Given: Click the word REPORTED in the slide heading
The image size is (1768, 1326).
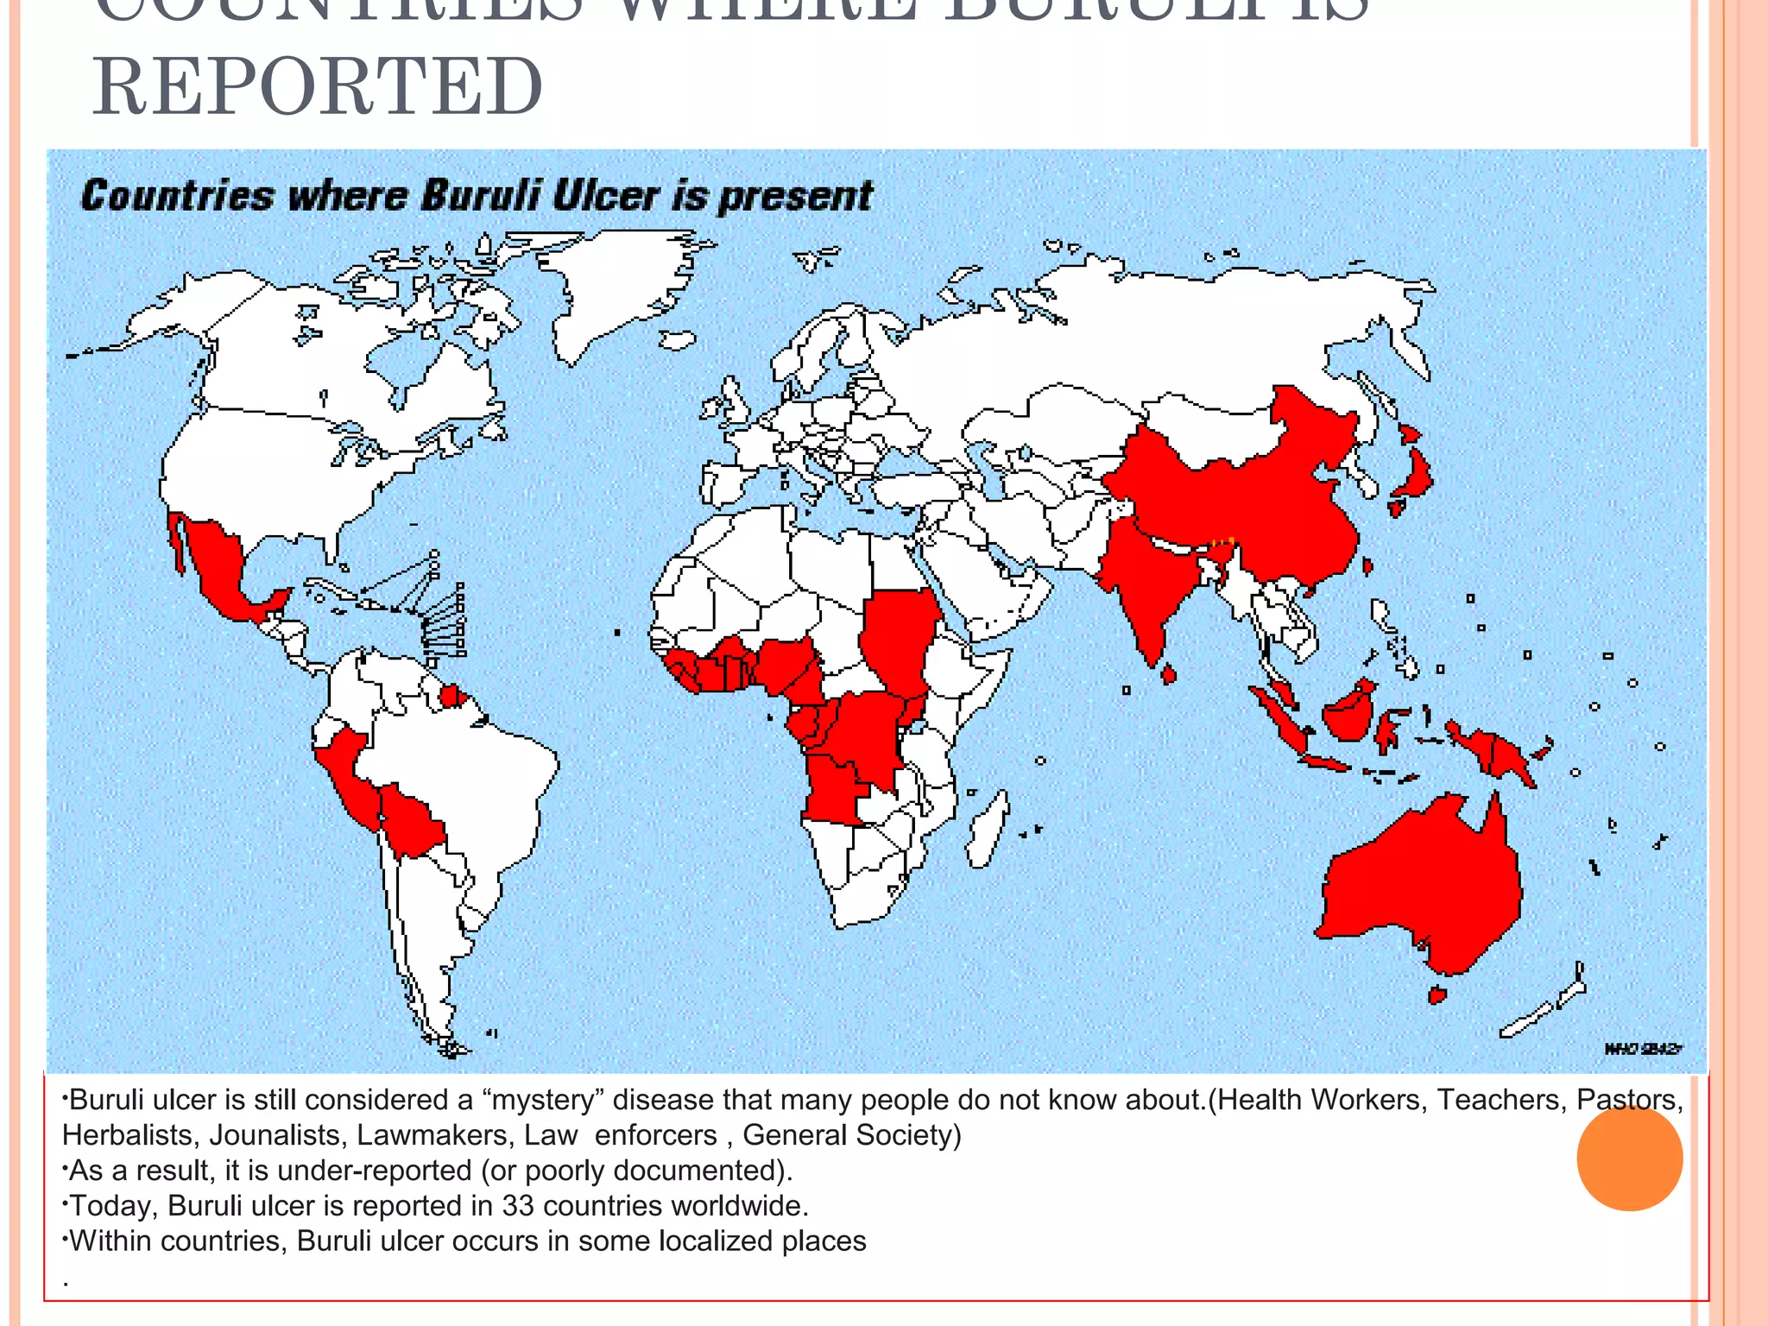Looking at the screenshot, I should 318,86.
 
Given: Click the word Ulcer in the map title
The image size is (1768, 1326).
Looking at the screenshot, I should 606,196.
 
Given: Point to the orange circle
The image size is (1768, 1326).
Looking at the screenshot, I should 1629,1158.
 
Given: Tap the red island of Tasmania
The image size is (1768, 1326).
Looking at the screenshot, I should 1436,994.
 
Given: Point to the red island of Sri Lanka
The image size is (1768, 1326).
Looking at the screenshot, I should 1169,673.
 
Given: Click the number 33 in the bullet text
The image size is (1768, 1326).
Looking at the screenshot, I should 518,1205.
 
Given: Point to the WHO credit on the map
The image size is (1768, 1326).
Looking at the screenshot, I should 1643,1049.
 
